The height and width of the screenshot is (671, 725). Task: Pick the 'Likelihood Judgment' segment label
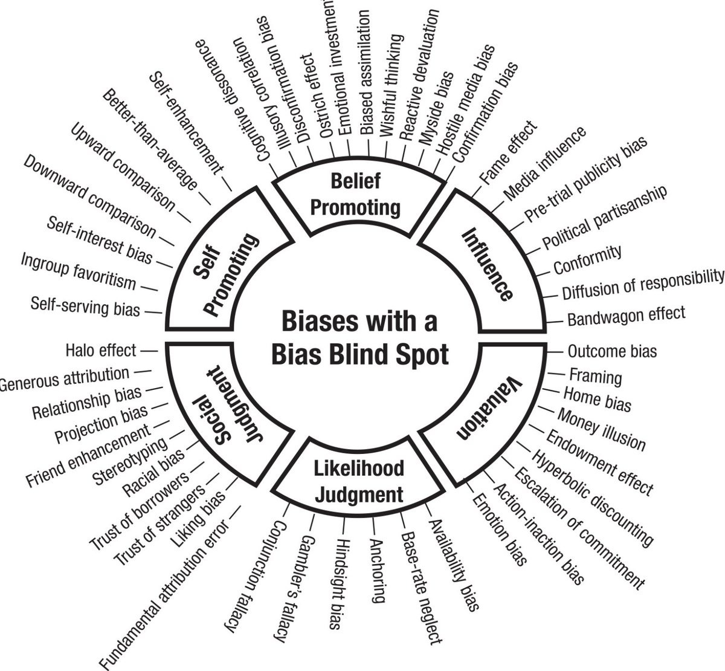pos(359,481)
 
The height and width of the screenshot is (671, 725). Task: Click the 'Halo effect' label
pos(101,350)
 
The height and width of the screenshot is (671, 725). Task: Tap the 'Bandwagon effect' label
pos(626,315)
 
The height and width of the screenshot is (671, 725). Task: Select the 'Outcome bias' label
pos(611,351)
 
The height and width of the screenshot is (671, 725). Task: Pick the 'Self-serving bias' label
pos(85,306)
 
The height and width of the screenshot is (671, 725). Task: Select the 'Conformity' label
pos(587,259)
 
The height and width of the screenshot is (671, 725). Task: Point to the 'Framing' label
pos(595,376)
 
